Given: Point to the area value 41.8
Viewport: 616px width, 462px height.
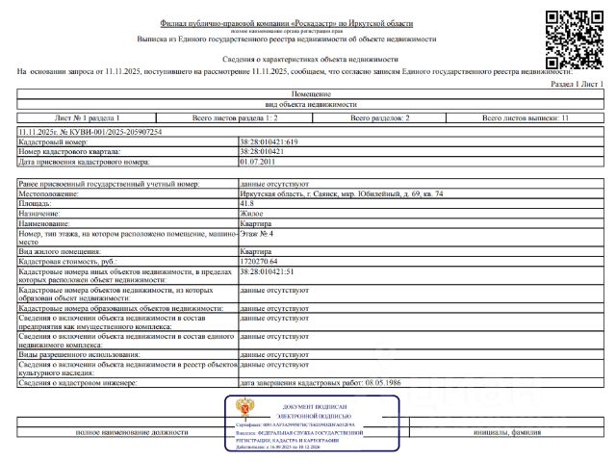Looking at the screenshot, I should [x=246, y=203].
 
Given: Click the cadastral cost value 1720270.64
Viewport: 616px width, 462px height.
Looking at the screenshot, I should [x=259, y=262].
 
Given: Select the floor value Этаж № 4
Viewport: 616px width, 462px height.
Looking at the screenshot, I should [x=257, y=233].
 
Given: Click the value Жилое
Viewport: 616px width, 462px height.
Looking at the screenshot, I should [x=250, y=213].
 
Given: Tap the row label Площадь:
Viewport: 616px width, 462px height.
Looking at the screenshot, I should [x=37, y=203].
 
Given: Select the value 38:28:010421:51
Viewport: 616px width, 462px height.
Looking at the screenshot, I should [x=269, y=273].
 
